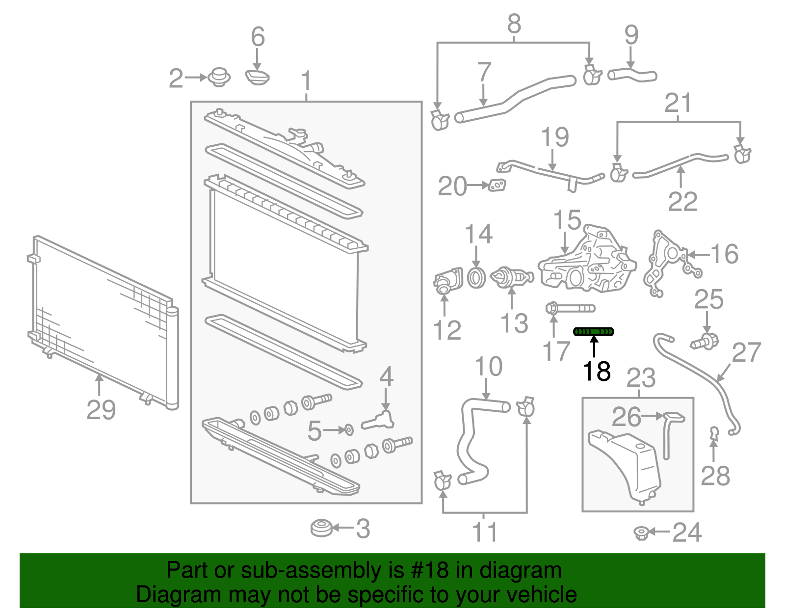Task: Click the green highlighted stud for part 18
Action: pyautogui.click(x=594, y=332)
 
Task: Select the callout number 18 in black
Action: pyautogui.click(x=597, y=371)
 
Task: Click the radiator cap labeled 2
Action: pyautogui.click(x=219, y=78)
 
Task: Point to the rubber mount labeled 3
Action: pyautogui.click(x=321, y=528)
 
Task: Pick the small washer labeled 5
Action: pyautogui.click(x=348, y=430)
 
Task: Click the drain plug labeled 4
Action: pyautogui.click(x=379, y=420)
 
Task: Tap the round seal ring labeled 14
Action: pyautogui.click(x=476, y=278)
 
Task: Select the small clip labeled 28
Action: pyautogui.click(x=714, y=432)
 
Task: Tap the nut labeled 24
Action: pyautogui.click(x=641, y=532)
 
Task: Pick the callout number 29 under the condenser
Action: pyautogui.click(x=101, y=410)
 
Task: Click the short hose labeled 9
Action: pyautogui.click(x=631, y=75)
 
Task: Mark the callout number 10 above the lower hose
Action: pyautogui.click(x=488, y=367)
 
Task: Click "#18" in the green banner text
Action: pyautogui.click(x=427, y=571)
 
